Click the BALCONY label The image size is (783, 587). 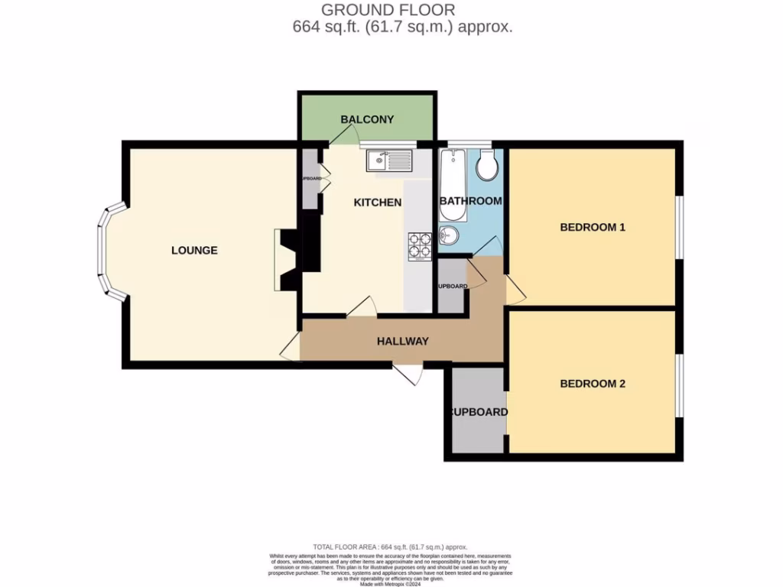click(x=367, y=119)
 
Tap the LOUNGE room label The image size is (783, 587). click(x=194, y=250)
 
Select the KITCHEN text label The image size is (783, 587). click(x=377, y=203)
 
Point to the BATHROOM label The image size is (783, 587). click(x=470, y=201)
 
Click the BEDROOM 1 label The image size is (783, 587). click(x=593, y=227)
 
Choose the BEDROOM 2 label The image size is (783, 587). click(x=593, y=383)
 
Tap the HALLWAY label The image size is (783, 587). click(x=402, y=341)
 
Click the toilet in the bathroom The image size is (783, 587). click(x=486, y=164)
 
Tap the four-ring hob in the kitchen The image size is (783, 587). click(x=420, y=246)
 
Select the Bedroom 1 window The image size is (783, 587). click(x=679, y=228)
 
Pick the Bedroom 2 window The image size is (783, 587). click(x=679, y=385)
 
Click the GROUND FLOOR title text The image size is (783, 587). click(x=388, y=10)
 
